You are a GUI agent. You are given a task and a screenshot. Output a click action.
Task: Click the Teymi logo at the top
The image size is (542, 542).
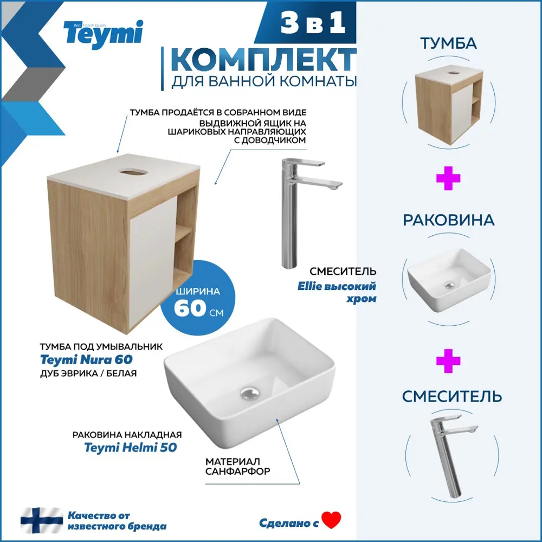103,33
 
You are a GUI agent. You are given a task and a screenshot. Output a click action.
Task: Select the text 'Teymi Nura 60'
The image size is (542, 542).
86,359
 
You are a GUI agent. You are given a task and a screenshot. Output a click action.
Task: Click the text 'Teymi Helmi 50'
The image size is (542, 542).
131,448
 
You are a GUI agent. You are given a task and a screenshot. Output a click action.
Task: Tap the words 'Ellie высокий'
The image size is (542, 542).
336,286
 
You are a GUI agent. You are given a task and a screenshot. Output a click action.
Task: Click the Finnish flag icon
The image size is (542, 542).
42,520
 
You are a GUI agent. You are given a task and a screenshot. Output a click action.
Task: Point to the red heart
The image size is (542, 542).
331,521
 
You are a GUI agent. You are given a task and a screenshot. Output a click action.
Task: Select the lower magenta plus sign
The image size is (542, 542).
448,362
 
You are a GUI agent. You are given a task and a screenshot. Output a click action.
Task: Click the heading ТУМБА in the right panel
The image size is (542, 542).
448,44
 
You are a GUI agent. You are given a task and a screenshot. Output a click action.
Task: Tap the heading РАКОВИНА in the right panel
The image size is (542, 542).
448,220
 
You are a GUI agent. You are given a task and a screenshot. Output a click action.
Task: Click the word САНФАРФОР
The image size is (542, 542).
237,472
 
